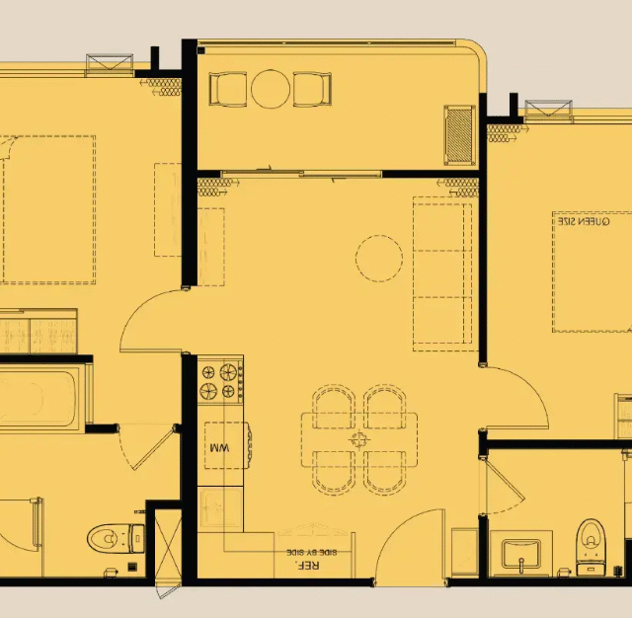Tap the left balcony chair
228,89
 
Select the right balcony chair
312,89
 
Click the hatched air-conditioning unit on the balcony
459,135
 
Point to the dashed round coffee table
379,259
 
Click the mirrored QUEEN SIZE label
584,221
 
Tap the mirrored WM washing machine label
219,447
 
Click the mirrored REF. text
307,565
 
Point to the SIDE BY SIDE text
312,552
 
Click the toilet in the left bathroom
117,538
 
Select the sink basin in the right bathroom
520,555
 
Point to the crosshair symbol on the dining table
358,439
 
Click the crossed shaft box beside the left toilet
168,543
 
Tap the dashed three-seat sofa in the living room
442,273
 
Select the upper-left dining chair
334,407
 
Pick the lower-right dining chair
385,472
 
